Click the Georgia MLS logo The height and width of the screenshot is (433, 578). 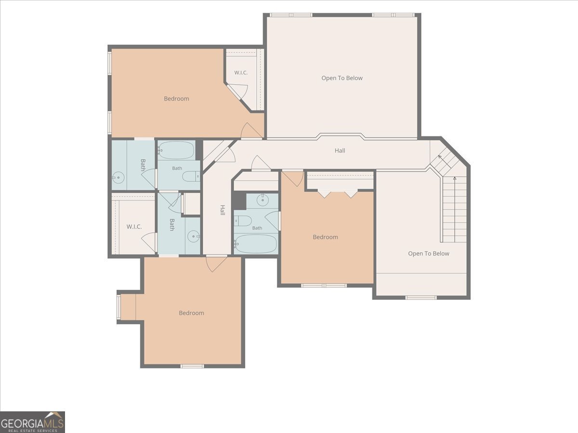(x=32, y=422)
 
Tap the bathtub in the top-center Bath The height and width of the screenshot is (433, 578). (x=176, y=150)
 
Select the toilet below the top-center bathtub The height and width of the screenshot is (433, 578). (x=191, y=177)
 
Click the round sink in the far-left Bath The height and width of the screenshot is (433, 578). (x=118, y=178)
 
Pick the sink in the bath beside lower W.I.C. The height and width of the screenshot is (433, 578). (x=194, y=236)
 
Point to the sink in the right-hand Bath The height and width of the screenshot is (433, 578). (x=263, y=200)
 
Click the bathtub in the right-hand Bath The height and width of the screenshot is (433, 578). (x=256, y=244)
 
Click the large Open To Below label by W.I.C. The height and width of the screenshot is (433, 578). (x=342, y=78)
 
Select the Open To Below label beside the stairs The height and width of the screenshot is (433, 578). (x=428, y=254)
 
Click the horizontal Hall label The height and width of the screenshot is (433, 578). (x=340, y=151)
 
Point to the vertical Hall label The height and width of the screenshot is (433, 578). (x=223, y=210)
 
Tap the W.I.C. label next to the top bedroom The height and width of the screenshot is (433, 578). (x=241, y=73)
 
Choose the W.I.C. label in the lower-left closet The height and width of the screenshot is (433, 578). (x=134, y=227)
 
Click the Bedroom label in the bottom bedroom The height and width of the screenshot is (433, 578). (x=191, y=313)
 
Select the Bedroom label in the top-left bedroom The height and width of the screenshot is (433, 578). (x=176, y=99)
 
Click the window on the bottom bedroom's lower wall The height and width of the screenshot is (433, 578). (x=192, y=366)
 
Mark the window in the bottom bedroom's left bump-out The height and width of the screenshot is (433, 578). (x=119, y=306)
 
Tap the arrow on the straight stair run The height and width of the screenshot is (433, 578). (x=455, y=209)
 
